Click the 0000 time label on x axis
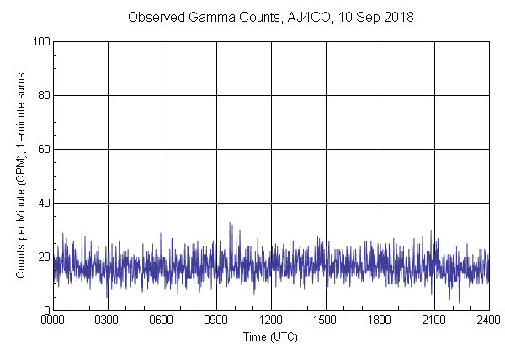tap(53, 320)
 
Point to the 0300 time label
tap(108, 320)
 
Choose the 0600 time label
tap(162, 320)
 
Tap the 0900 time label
tap(216, 320)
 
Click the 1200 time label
tap(271, 320)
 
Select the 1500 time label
tap(325, 320)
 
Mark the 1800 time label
tap(380, 320)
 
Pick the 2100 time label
tap(434, 320)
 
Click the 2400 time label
tap(488, 320)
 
